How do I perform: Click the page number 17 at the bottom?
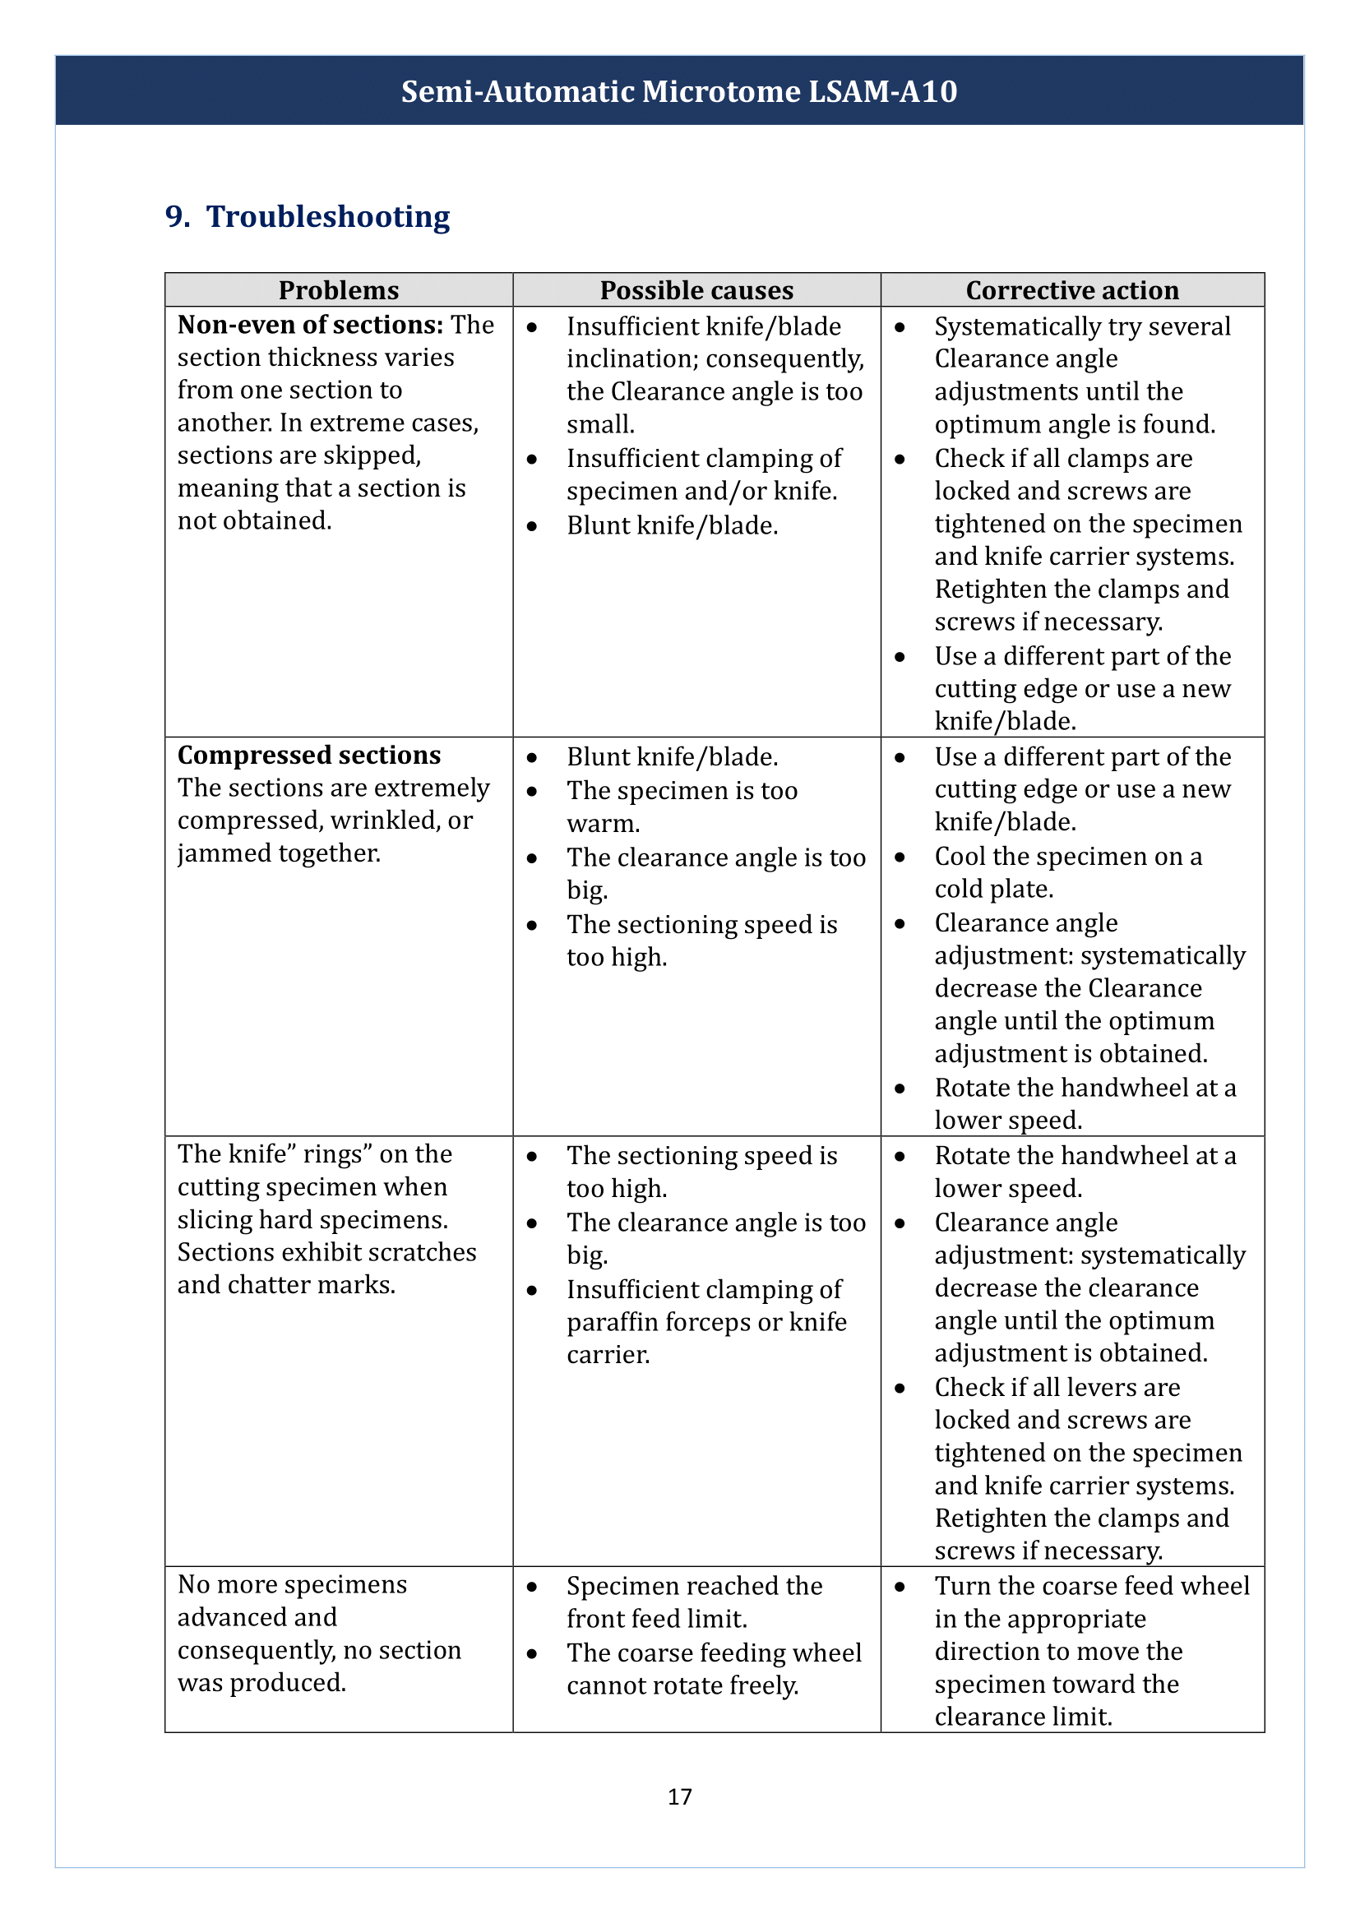(679, 1796)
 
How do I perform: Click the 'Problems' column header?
(338, 290)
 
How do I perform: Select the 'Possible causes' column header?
(696, 290)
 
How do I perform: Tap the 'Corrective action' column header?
(1072, 290)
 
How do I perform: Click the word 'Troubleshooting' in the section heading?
(328, 217)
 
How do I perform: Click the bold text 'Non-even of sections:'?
(310, 325)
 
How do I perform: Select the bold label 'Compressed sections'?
(309, 756)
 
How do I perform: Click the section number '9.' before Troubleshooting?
(177, 217)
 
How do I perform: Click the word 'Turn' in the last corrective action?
(962, 1585)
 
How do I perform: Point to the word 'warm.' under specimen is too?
(603, 824)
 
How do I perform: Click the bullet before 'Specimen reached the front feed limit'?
(532, 1586)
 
